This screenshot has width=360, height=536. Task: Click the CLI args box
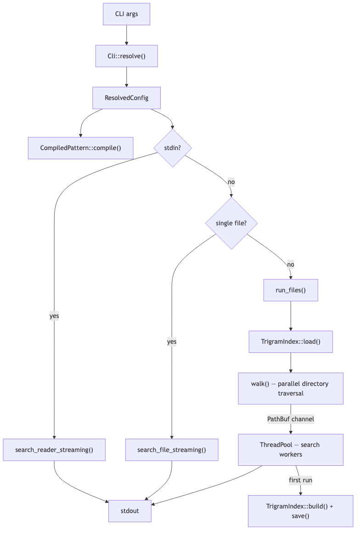[126, 14]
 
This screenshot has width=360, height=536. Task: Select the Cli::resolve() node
[126, 56]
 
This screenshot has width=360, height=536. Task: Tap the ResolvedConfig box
[126, 98]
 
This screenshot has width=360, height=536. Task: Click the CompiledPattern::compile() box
[80, 148]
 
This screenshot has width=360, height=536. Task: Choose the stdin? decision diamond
[172, 148]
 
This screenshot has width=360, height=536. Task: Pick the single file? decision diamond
[231, 223]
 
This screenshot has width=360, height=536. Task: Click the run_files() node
[290, 290]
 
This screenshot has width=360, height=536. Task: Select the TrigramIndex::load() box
[290, 341]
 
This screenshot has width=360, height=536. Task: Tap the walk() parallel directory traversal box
[290, 388]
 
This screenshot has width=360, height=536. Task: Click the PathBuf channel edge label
[290, 419]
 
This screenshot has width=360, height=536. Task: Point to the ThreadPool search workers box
[290, 450]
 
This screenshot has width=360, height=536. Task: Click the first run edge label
[300, 480]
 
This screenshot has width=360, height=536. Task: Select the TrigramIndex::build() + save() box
[300, 511]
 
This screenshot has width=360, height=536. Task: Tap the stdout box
[129, 511]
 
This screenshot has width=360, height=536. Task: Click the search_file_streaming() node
[172, 450]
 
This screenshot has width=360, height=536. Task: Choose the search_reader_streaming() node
[54, 450]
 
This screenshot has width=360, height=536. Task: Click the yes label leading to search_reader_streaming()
[54, 316]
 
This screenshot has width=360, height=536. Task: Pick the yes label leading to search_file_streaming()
[172, 342]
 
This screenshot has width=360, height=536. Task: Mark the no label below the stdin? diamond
[231, 182]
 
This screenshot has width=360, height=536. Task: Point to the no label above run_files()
[290, 265]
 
